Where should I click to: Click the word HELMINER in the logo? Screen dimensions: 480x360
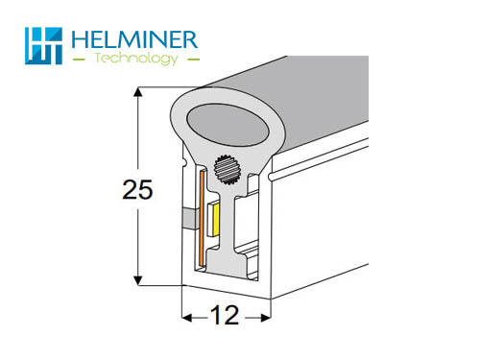tap(134, 39)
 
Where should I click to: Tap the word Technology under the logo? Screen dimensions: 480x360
tap(136, 59)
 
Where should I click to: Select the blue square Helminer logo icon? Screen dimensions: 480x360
tap(43, 46)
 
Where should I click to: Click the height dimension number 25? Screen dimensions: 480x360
tap(137, 189)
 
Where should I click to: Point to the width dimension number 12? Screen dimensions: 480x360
tap(225, 315)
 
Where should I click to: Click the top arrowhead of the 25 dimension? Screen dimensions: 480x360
tap(137, 92)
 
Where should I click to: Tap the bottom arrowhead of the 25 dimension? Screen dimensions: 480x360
tap(137, 280)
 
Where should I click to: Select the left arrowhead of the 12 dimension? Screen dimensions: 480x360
tap(187, 318)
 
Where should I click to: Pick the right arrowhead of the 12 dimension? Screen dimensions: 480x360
tap(266, 318)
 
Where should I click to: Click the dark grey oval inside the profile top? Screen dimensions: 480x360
tap(228, 125)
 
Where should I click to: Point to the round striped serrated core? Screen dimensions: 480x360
tap(228, 170)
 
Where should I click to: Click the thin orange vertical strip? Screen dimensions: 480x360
tap(202, 219)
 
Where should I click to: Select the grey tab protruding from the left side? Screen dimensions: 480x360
tap(191, 219)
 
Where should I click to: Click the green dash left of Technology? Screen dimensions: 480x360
tap(79, 60)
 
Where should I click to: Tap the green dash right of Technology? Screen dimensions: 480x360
tap(194, 60)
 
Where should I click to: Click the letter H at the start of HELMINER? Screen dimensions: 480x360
tap(79, 39)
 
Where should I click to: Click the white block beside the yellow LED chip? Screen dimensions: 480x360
tap(210, 218)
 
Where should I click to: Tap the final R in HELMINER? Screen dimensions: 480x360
tap(190, 39)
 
